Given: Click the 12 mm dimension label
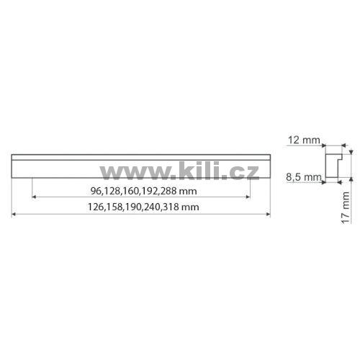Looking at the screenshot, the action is tap(304, 140).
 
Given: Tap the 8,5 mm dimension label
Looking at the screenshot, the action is tap(304, 177).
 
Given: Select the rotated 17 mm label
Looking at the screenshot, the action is tap(346, 208).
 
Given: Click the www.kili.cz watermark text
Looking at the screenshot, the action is tap(179, 171).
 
